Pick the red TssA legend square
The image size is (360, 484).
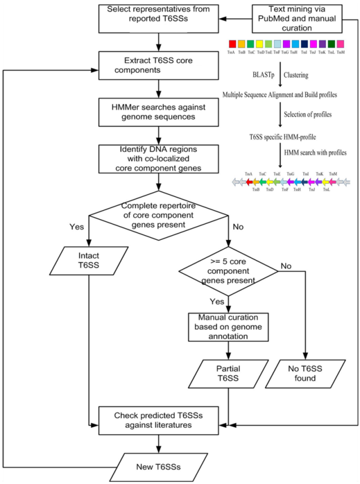(x=232, y=44)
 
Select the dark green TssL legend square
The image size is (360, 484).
(x=332, y=44)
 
